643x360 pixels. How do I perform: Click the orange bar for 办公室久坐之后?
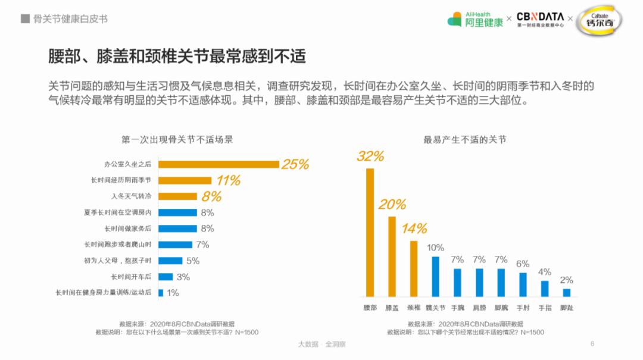coord(219,164)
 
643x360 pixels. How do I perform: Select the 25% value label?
coord(295,164)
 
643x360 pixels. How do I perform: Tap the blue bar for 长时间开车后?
coord(166,277)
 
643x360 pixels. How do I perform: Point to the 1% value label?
coord(173,293)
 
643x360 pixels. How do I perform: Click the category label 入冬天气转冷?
coord(131,196)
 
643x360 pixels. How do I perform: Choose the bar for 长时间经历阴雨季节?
coord(185,180)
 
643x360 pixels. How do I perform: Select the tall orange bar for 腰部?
coord(370,232)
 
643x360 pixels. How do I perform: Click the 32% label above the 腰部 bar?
coord(370,156)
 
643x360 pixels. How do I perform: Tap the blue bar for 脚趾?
coord(567,292)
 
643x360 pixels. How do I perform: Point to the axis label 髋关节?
coord(435,308)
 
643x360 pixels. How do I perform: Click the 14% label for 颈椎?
coord(414,228)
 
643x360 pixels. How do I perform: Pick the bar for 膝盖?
coord(392,256)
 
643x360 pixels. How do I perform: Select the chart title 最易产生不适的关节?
coord(465,140)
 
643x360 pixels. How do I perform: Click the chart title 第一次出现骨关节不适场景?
coord(177,140)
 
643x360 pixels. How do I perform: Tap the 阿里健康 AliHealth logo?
coord(475,19)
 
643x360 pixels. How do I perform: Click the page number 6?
coord(592,343)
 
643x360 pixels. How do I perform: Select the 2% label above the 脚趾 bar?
coord(567,280)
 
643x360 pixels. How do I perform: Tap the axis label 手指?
coord(545,308)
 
